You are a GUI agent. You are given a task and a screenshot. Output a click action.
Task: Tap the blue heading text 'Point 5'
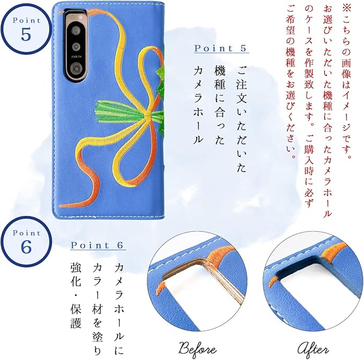pyautogui.click(x=221, y=48)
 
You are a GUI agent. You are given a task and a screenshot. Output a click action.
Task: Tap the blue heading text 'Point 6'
pyautogui.click(x=98, y=245)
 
